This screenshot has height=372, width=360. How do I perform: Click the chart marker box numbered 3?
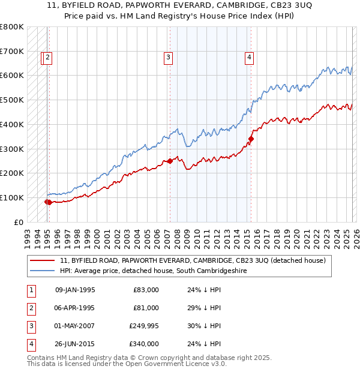168,58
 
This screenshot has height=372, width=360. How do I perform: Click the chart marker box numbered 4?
248,58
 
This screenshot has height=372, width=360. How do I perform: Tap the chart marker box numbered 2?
48,58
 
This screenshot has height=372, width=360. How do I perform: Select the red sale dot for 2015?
251,139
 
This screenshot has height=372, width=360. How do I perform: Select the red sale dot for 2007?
170,161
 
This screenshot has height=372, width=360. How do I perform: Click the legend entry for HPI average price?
153,271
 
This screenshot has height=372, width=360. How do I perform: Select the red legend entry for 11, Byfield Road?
192,261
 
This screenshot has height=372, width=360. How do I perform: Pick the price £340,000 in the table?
144,344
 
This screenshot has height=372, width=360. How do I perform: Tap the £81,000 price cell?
146,308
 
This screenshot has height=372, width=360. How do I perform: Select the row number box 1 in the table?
30,290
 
